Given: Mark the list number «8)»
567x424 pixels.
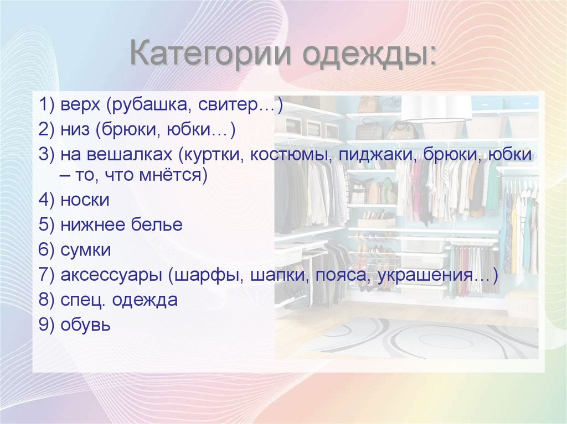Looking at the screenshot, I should click(x=46, y=300).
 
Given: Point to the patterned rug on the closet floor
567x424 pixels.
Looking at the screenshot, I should click(x=421, y=337).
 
